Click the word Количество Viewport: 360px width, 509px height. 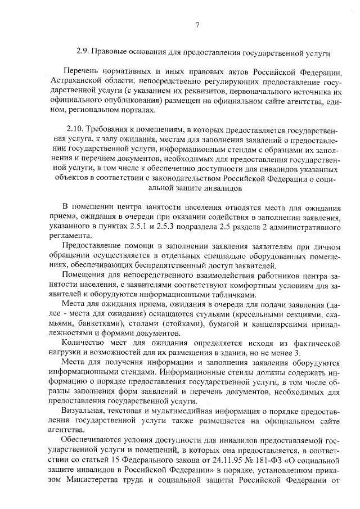(85, 343)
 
